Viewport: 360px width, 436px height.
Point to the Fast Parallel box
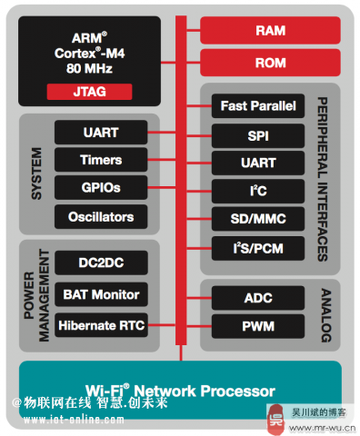258,106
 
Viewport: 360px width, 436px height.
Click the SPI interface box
258,134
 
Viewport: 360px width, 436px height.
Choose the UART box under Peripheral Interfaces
258,163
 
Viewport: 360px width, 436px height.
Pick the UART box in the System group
100,132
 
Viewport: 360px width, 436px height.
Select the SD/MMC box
258,219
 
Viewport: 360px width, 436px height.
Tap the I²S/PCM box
258,247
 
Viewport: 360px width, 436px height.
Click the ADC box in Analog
258,297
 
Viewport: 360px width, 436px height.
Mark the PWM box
258,325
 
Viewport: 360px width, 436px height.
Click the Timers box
100,160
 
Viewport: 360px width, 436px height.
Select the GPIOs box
100,188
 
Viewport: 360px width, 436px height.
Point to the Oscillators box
100,216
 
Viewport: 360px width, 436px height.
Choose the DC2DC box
100,263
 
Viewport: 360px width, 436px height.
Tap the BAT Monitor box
100,294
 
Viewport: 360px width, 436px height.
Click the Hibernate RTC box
100,324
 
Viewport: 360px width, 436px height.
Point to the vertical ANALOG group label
325,312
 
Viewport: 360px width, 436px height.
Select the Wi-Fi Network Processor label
180,391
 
